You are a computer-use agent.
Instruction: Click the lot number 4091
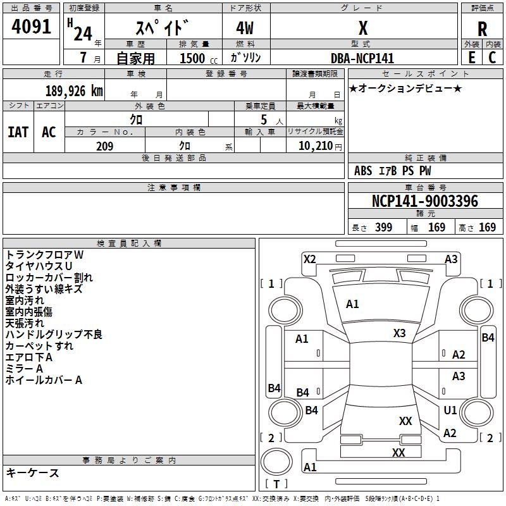coord(31,27)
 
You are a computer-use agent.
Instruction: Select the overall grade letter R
coord(482,29)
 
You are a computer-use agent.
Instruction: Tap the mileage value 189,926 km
coord(74,91)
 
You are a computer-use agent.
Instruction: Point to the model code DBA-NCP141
coord(362,58)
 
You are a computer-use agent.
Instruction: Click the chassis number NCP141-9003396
coord(425,201)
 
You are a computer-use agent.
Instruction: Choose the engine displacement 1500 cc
coord(199,58)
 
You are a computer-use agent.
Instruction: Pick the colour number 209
coord(104,146)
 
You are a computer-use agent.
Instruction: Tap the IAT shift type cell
coord(18,132)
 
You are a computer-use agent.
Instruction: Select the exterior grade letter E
coord(472,58)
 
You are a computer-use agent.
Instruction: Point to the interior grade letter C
coord(492,58)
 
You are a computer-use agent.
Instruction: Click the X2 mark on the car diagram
coord(309,259)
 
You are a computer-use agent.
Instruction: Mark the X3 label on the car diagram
coord(399,333)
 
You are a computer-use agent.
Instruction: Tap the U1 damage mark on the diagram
coord(450,410)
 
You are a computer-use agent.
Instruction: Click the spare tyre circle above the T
coord(276,462)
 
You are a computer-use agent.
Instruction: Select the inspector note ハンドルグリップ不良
coord(54,335)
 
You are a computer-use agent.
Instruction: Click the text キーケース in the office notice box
coord(32,472)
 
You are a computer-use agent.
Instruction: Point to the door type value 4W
coord(245,28)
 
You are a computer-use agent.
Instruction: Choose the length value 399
coord(384,227)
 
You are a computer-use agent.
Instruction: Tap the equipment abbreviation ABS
coord(363,171)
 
